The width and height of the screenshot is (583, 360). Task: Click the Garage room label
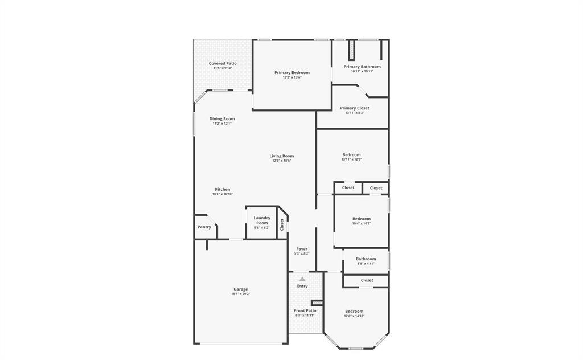[241, 289]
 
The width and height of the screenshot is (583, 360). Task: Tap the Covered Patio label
[223, 63]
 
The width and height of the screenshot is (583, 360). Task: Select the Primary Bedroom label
[292, 72]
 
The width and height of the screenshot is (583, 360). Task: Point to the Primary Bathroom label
[362, 67]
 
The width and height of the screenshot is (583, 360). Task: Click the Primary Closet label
[355, 108]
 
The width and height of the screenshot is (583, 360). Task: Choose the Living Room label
[282, 156]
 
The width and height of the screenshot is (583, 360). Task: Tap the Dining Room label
[222, 118]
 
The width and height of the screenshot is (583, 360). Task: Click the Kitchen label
[223, 189]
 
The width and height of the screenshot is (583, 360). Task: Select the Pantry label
[204, 227]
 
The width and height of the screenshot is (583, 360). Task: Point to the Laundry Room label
[262, 220]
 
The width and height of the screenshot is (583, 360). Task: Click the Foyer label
[302, 249]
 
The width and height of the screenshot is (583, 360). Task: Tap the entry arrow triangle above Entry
[302, 279]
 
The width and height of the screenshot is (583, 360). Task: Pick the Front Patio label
[305, 310]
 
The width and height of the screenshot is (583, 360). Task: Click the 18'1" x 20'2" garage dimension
[241, 294]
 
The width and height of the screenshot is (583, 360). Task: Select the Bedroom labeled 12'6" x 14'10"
[354, 311]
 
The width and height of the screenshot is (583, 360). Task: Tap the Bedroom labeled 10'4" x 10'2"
[362, 219]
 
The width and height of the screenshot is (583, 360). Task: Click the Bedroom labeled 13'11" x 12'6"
[351, 154]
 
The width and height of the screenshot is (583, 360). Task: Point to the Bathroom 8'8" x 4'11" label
[366, 259]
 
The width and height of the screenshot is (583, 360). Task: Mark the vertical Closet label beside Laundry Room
[282, 224]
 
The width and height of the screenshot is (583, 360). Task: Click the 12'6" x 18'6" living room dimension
[282, 161]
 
